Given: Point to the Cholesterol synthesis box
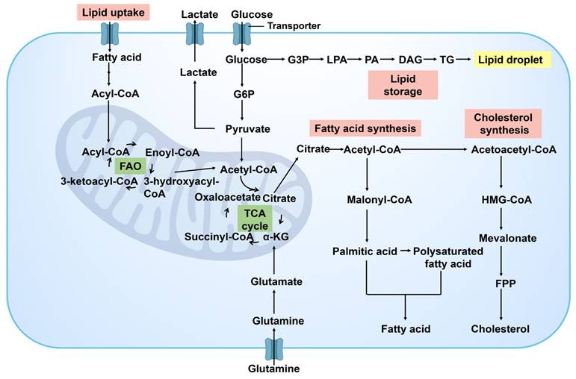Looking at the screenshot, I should (500, 123).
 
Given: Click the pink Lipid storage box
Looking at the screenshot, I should (402, 85).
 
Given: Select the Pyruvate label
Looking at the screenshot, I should (247, 129).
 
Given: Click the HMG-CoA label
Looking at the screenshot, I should (501, 200).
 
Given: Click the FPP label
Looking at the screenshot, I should (501, 284).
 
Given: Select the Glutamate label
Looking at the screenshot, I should (276, 281).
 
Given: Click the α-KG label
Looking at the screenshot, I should (276, 237).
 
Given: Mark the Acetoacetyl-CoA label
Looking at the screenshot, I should (514, 150).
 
